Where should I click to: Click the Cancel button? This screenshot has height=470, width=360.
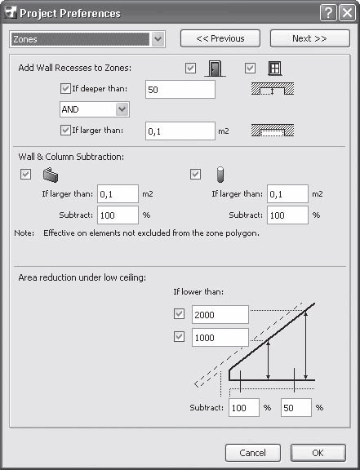coord(252,453)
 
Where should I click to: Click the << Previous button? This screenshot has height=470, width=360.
coord(220,38)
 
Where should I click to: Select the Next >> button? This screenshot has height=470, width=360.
coord(310,38)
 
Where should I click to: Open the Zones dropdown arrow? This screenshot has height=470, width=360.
coord(158,39)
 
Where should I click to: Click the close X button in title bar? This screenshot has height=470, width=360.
coord(347,13)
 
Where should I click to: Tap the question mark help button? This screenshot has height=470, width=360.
coord(328,13)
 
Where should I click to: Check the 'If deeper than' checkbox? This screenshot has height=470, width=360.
coord(65,89)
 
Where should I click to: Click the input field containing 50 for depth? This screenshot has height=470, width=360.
coord(180,89)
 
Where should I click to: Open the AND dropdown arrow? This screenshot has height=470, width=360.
coord(122,109)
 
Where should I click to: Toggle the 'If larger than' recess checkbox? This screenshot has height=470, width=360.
coord(65,131)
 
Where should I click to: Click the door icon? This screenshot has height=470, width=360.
coord(215,69)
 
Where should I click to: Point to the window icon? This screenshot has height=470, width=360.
coord(274,68)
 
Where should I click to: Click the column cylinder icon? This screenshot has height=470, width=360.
coord(220,175)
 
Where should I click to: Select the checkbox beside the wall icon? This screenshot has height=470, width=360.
coord(25,174)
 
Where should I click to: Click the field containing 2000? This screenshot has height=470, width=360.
coord(220,314)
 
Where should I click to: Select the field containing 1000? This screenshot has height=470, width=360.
coord(220,338)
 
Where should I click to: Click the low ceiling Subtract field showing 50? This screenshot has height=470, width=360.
coord(296,408)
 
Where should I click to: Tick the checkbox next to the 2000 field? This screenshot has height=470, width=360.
coord(179,314)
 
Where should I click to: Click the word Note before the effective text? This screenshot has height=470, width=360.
coord(24,233)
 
